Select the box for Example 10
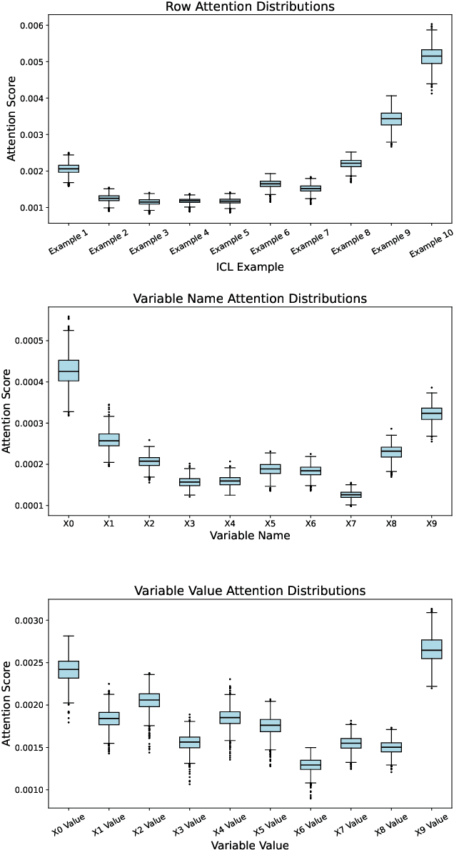432,56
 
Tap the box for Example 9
391,119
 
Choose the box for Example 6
270,184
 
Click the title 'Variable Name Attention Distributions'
250,298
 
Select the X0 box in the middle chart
69,371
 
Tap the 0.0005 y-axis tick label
32,341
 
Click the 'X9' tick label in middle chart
431,524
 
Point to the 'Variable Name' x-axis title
250,536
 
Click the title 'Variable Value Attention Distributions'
250,591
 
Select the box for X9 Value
431,649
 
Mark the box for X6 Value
311,764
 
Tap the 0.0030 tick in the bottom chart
32,621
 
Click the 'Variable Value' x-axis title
250,845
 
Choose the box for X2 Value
149,700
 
